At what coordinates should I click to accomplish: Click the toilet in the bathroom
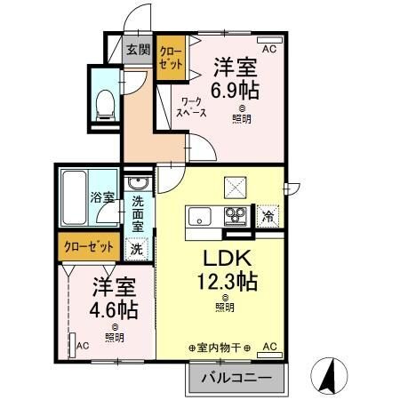(105, 105)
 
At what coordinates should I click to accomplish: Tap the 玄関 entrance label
(139, 50)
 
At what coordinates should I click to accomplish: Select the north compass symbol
(329, 376)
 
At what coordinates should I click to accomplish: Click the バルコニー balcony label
(236, 378)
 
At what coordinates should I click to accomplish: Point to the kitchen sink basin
(200, 216)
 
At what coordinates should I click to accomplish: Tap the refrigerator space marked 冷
(268, 217)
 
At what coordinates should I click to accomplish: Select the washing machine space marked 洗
(137, 249)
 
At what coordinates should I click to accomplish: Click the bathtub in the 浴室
(75, 197)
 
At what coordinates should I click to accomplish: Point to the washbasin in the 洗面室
(138, 183)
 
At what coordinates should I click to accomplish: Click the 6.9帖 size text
(235, 90)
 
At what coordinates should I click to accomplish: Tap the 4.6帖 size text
(114, 309)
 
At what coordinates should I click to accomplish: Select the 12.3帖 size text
(227, 281)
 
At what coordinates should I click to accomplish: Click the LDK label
(227, 258)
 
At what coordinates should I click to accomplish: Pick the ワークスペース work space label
(191, 108)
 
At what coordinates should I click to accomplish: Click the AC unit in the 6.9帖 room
(269, 40)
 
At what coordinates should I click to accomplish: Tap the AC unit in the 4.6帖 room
(72, 346)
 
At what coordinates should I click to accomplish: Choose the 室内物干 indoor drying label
(220, 348)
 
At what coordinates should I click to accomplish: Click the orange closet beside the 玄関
(171, 58)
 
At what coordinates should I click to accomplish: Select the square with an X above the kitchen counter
(236, 188)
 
